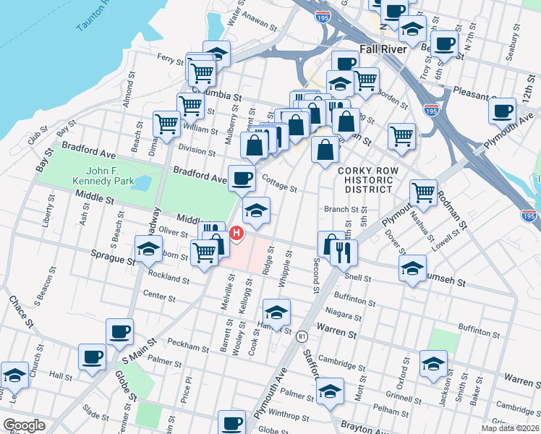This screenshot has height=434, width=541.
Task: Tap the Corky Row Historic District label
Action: pyautogui.click(x=365, y=179)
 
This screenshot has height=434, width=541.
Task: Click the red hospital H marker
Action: pyautogui.click(x=237, y=234)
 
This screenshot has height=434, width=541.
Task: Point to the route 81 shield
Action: pyautogui.click(x=302, y=336)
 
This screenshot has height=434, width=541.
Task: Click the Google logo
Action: pyautogui.click(x=24, y=425)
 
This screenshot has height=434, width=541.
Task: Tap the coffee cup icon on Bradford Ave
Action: pyautogui.click(x=242, y=177)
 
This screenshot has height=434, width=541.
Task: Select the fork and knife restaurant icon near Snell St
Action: pyautogui.click(x=344, y=252)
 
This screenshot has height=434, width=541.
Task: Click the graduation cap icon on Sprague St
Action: pyautogui.click(x=148, y=250)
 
